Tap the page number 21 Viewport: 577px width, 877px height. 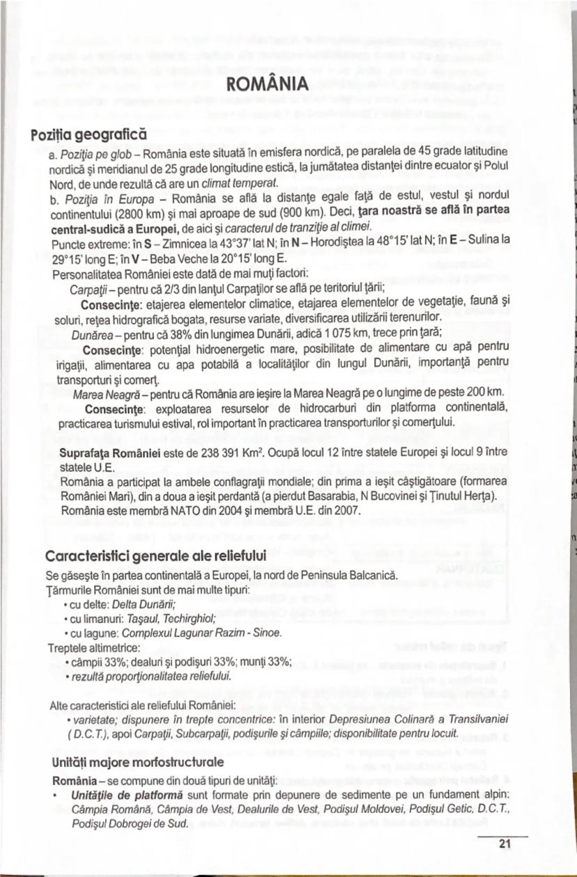pyautogui.click(x=505, y=844)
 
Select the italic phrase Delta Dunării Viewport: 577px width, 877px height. pyautogui.click(x=149, y=603)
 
